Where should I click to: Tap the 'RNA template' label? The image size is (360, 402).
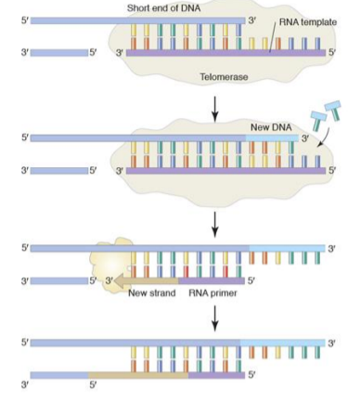[x=307, y=22]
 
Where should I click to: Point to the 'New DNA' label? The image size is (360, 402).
[x=270, y=127]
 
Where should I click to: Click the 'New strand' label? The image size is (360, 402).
[x=151, y=293]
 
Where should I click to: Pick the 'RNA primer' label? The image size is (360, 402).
[x=212, y=293]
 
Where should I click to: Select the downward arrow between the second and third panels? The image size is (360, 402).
[x=215, y=223]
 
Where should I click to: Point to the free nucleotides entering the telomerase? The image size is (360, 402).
[x=322, y=111]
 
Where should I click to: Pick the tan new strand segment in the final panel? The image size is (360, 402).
[x=139, y=374]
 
